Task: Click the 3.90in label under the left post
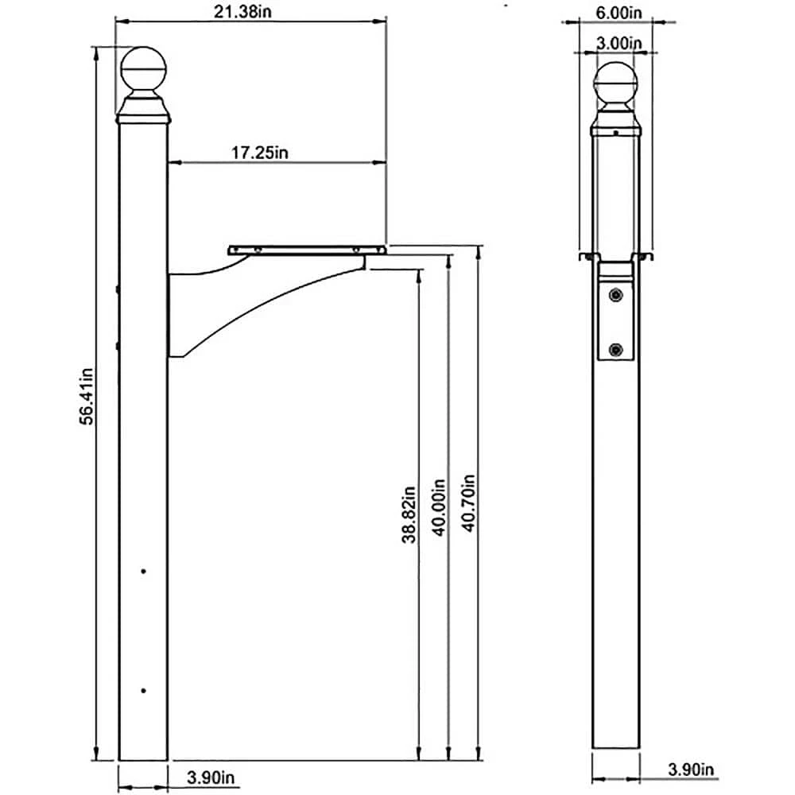tap(211, 776)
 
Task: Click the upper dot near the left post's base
tap(143, 571)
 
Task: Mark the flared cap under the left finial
tap(143, 111)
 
